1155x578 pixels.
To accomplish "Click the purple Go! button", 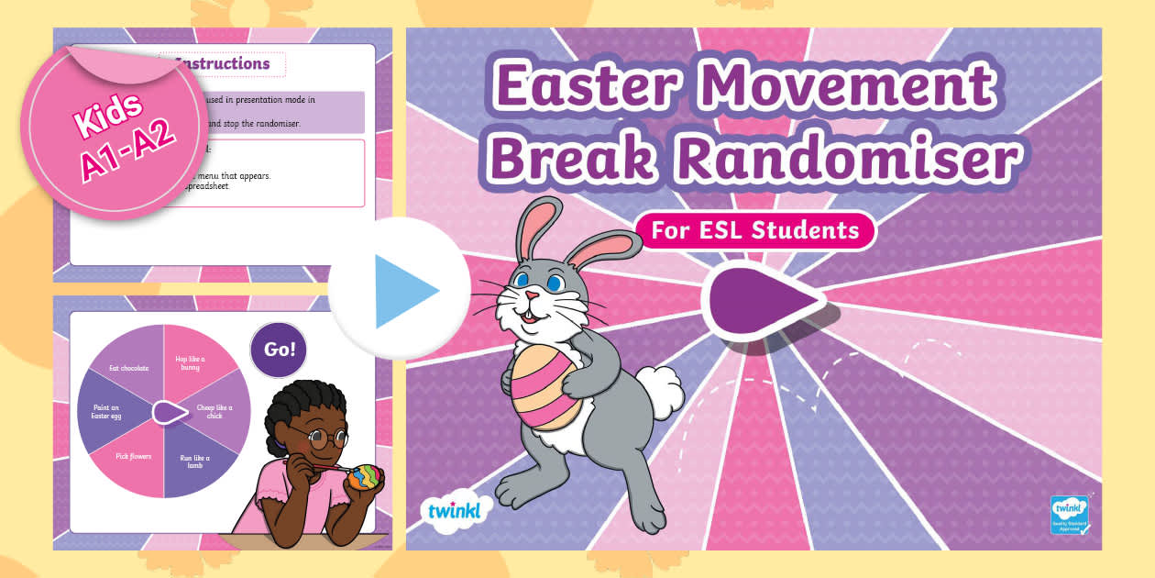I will click(x=279, y=350).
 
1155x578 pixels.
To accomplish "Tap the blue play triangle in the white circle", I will click(x=401, y=289).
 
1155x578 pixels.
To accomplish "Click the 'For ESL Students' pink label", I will click(x=754, y=229).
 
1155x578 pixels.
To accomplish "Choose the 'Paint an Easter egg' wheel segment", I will click(x=109, y=413).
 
